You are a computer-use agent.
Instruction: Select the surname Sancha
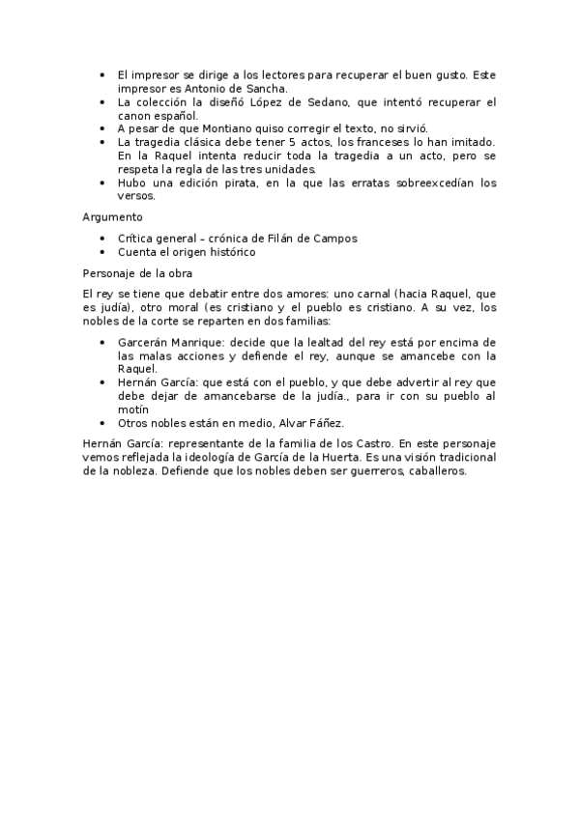point(254,87)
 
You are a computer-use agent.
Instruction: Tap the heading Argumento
point(112,217)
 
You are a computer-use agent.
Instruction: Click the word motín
point(134,409)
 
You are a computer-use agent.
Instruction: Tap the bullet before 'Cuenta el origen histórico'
point(103,252)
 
